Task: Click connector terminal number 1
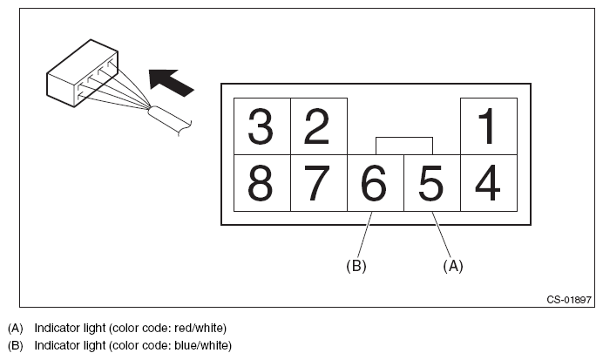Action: tap(488, 126)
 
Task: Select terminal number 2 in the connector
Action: tap(318, 126)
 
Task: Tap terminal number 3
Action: tap(261, 126)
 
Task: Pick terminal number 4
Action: tap(488, 183)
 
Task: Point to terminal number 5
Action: tap(431, 183)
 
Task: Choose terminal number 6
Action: tap(375, 183)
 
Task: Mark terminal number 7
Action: tap(318, 183)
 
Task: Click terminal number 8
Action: tap(261, 183)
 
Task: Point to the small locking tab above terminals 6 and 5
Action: tap(403, 145)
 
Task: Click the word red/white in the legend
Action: tap(197, 328)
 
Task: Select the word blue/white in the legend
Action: tap(200, 346)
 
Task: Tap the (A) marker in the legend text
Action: tap(15, 328)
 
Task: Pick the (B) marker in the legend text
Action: tap(15, 346)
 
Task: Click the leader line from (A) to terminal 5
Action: tap(442, 234)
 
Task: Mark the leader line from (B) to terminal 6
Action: tap(365, 234)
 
